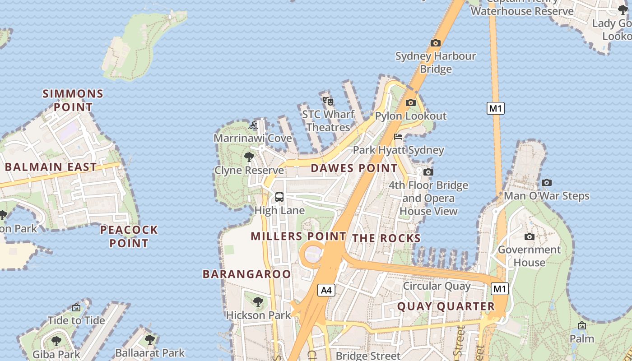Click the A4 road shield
[x=326, y=290]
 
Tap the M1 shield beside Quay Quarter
[x=500, y=289]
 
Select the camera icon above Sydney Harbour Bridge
[x=435, y=43]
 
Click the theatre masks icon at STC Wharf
[x=328, y=101]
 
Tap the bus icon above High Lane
[x=279, y=197]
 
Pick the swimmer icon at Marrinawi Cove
[x=253, y=125]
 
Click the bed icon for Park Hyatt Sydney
[x=398, y=137]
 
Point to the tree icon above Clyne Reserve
[x=249, y=157]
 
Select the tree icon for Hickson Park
[x=258, y=301]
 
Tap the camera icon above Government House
[x=529, y=236]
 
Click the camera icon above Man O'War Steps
[x=546, y=182]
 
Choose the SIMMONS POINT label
[x=73, y=101]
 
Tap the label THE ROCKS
[x=386, y=238]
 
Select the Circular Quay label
[x=437, y=286]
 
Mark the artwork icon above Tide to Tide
[x=76, y=308]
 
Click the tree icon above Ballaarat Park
[x=150, y=339]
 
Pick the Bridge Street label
[x=368, y=356]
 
